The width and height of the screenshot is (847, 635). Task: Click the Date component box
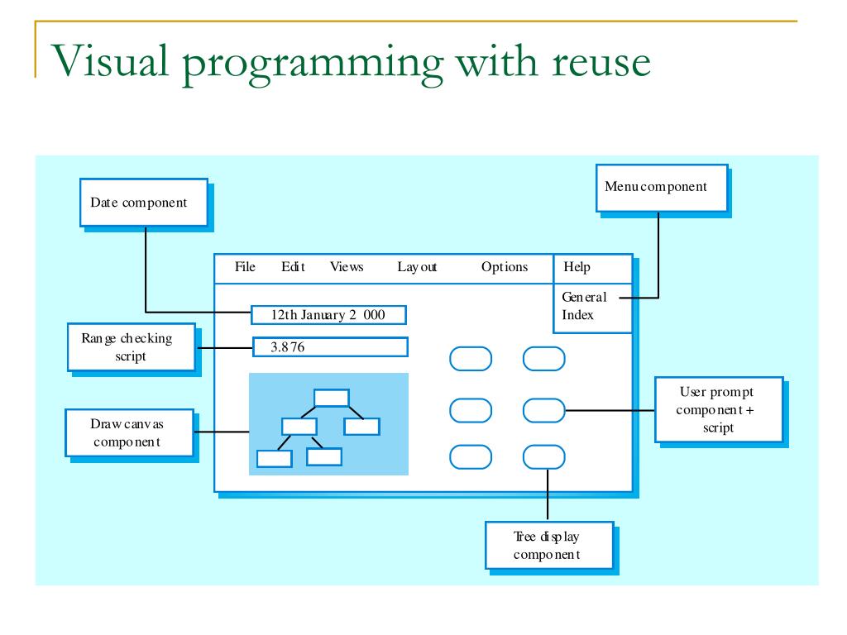pyautogui.click(x=144, y=203)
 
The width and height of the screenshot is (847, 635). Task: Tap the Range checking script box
pyautogui.click(x=130, y=346)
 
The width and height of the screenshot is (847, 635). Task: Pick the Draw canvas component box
pyautogui.click(x=129, y=432)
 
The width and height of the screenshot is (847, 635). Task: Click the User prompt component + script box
pyautogui.click(x=717, y=409)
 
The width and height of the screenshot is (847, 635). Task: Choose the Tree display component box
pyautogui.click(x=549, y=545)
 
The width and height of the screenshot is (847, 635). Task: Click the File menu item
pyautogui.click(x=246, y=267)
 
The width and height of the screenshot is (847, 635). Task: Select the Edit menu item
pyautogui.click(x=293, y=267)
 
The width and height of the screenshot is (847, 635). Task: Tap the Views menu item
pyautogui.click(x=347, y=267)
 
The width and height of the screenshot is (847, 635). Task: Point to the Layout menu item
pyautogui.click(x=417, y=267)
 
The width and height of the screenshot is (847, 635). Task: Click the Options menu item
pyautogui.click(x=505, y=267)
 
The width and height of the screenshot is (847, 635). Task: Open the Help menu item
pyautogui.click(x=577, y=267)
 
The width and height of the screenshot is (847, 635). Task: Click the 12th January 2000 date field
pyautogui.click(x=329, y=315)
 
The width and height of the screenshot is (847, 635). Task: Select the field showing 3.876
pyautogui.click(x=329, y=347)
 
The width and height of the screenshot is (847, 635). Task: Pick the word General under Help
pyautogui.click(x=584, y=298)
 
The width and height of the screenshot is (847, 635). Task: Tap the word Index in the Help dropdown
pyautogui.click(x=578, y=315)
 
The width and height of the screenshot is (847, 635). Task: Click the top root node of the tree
pyautogui.click(x=332, y=398)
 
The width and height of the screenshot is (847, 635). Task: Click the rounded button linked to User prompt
pyautogui.click(x=544, y=408)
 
